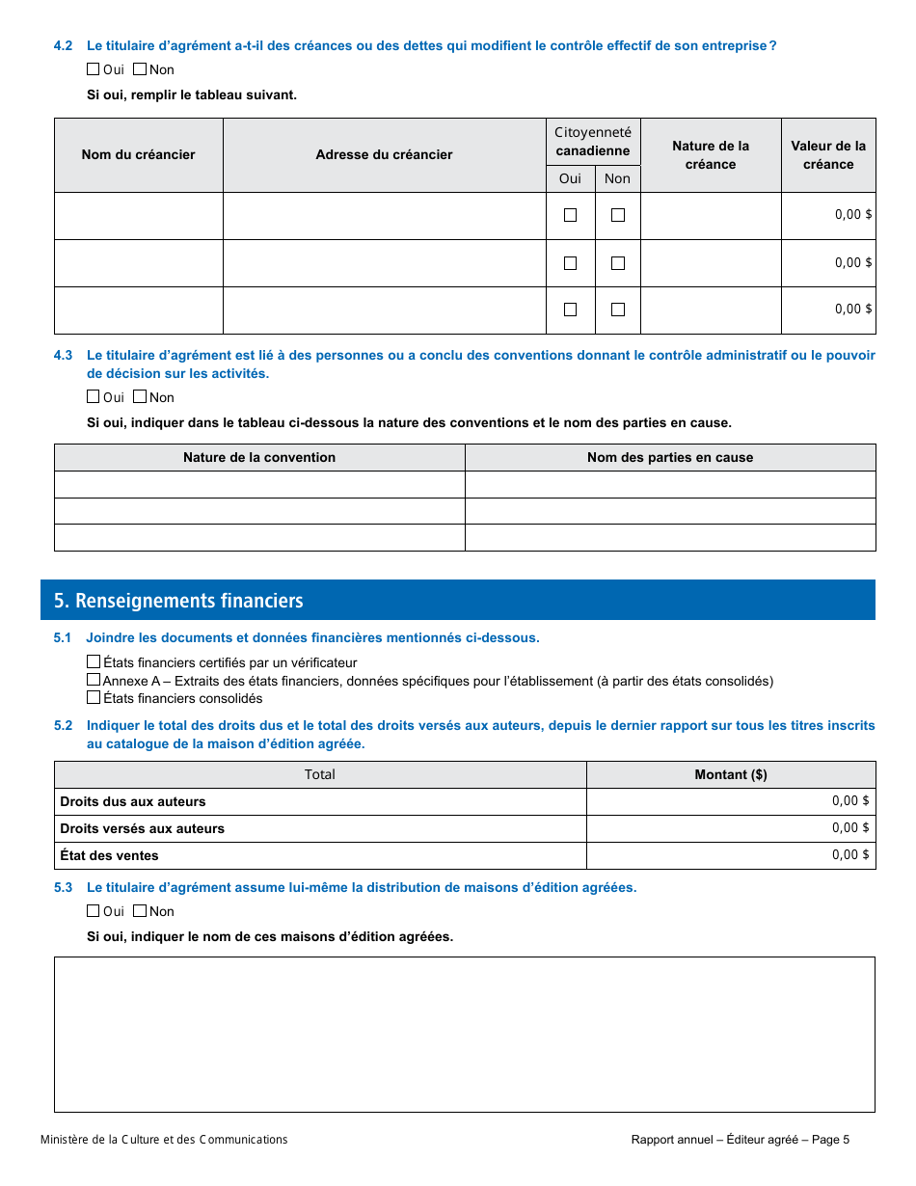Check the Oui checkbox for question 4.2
[x=94, y=69]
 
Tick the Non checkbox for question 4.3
[x=140, y=396]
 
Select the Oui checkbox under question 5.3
[x=94, y=910]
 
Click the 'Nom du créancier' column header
[x=138, y=154]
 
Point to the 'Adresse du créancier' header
[x=384, y=154]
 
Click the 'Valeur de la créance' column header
[x=828, y=154]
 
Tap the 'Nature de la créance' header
[x=711, y=154]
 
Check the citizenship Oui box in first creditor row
[x=571, y=215]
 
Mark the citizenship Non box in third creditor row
[x=618, y=310]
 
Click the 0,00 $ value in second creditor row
[x=852, y=262]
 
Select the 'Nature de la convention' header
[x=259, y=457]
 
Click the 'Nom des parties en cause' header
[x=670, y=457]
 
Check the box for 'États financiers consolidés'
[x=94, y=697]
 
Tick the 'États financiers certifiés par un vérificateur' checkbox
[x=94, y=661]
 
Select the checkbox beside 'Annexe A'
[x=94, y=680]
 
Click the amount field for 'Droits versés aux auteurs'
[x=731, y=828]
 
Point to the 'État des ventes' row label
[x=109, y=855]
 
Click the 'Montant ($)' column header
[x=731, y=774]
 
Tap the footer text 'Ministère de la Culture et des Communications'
[x=164, y=1140]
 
